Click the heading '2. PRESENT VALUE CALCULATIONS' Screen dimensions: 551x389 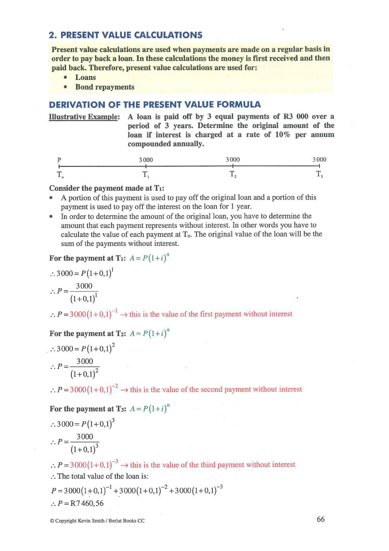(x=126, y=35)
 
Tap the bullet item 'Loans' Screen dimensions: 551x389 (x=85, y=78)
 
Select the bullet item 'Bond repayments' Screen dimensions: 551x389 (x=105, y=87)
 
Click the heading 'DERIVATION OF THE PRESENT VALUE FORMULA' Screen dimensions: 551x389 (x=155, y=105)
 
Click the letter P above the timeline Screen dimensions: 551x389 (x=59, y=160)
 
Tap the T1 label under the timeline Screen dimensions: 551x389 (x=146, y=175)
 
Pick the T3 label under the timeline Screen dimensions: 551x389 (x=319, y=174)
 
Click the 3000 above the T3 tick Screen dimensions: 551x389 (x=319, y=160)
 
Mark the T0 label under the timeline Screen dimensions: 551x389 (x=60, y=175)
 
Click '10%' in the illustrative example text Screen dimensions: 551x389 (x=283, y=135)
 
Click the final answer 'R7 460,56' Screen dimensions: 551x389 (x=87, y=503)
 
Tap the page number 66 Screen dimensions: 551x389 (x=321, y=519)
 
